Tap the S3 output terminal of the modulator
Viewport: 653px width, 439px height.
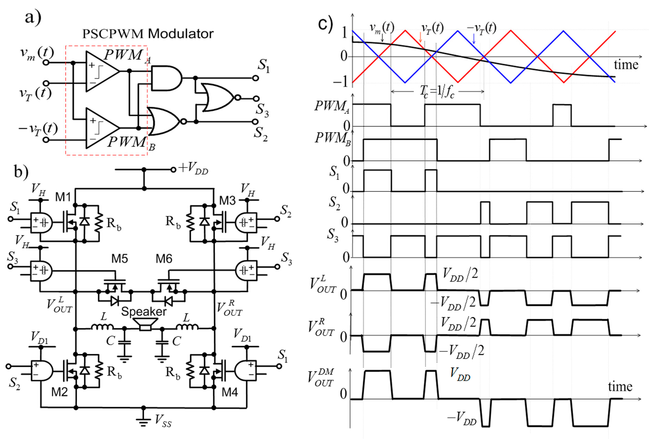(x=256, y=99)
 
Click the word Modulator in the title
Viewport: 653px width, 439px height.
(x=181, y=34)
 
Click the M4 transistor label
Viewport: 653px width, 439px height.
(x=230, y=392)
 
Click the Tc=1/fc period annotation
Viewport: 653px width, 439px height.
(x=437, y=92)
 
